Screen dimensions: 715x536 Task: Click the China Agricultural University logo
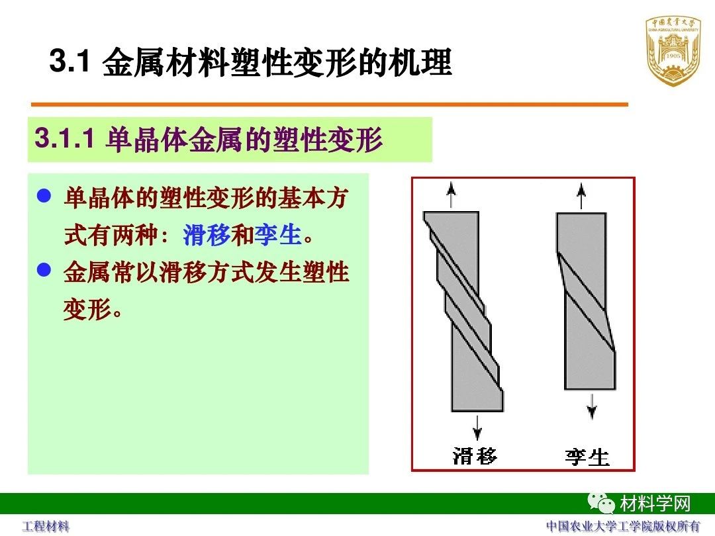(x=673, y=51)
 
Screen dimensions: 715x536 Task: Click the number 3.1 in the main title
(x=70, y=61)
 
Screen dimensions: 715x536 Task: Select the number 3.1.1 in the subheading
(x=64, y=138)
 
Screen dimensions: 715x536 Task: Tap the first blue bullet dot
(x=44, y=196)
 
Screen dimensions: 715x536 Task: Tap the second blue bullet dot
(x=44, y=269)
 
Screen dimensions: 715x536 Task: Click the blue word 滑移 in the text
(x=206, y=235)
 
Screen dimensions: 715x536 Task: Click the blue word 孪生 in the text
(x=277, y=235)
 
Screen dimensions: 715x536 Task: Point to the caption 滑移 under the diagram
(x=475, y=456)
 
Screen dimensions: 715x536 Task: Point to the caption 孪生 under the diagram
(x=587, y=457)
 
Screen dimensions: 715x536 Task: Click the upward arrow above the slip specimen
(x=451, y=195)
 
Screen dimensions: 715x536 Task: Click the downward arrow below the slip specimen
(x=477, y=427)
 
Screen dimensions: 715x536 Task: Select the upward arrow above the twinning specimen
(x=581, y=195)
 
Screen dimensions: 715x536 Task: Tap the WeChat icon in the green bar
(x=600, y=502)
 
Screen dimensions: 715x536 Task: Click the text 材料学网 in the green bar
(x=655, y=504)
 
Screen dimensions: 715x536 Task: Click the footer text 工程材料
(x=46, y=527)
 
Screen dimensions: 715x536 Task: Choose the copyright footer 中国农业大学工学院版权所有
(x=623, y=526)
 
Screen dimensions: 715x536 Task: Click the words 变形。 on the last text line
(x=93, y=310)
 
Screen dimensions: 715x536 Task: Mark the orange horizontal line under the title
(x=329, y=105)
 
